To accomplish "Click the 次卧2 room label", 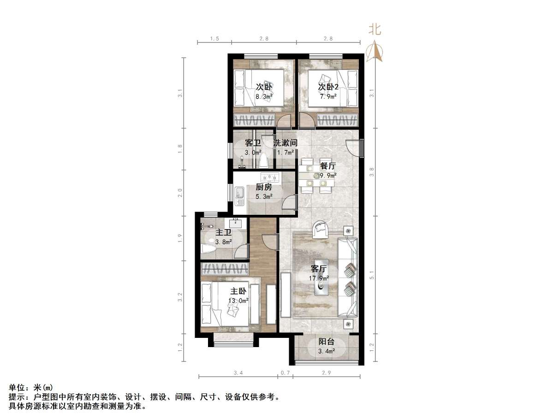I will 328,87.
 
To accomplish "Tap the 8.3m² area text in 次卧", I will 264,97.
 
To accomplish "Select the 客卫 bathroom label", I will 253,143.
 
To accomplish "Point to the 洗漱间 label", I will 285,143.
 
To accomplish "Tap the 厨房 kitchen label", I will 264,188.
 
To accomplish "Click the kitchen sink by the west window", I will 239,196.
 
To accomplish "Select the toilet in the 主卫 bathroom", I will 208,249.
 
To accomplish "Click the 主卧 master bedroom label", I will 238,291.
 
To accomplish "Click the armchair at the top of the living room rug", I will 320,229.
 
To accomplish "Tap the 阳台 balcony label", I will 327,342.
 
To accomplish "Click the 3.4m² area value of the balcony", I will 327,351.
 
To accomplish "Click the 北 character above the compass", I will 374,30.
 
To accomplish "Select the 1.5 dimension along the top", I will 214,38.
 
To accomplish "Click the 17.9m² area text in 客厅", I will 319,277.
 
